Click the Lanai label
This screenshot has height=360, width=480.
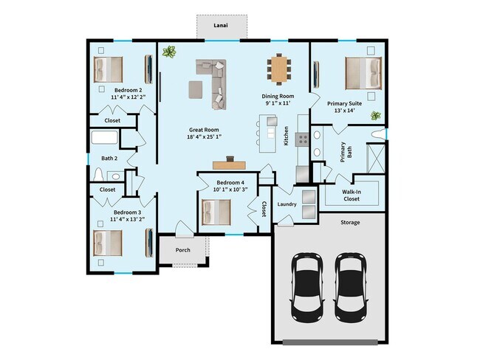[x=221, y=25]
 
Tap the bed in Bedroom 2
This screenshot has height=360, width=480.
[x=108, y=70]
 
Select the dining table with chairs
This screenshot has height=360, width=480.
[x=279, y=70]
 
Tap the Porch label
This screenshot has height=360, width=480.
[x=182, y=250]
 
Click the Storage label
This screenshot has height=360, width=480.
[x=350, y=221]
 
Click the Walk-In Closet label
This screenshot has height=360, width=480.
[x=351, y=195]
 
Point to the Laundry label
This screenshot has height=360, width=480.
[x=287, y=204]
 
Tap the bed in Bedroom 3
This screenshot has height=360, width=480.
[x=108, y=242]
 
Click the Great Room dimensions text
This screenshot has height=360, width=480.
[x=204, y=136]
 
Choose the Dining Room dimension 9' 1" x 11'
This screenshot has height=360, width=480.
[x=278, y=104]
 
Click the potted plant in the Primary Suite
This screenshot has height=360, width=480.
[x=375, y=115]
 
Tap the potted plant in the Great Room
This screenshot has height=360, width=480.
[x=170, y=52]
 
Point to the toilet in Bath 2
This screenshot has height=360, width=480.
[x=100, y=175]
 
